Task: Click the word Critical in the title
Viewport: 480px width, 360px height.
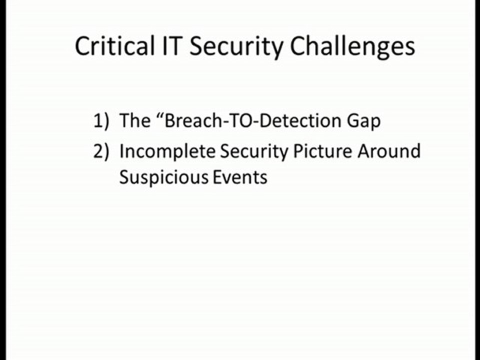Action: click(114, 45)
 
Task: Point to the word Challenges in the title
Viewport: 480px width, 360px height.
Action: click(352, 47)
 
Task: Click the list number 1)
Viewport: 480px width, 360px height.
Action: click(101, 120)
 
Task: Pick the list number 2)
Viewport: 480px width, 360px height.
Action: click(101, 151)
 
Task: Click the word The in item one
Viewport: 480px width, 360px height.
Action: click(135, 120)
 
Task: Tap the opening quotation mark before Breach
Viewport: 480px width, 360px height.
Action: click(160, 116)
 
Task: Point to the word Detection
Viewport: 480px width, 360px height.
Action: click(301, 120)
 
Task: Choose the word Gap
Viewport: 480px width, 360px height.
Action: click(364, 122)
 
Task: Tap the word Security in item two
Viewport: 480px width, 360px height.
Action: click(254, 152)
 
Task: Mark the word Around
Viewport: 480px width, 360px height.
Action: click(389, 151)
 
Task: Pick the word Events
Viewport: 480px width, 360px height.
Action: click(240, 177)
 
